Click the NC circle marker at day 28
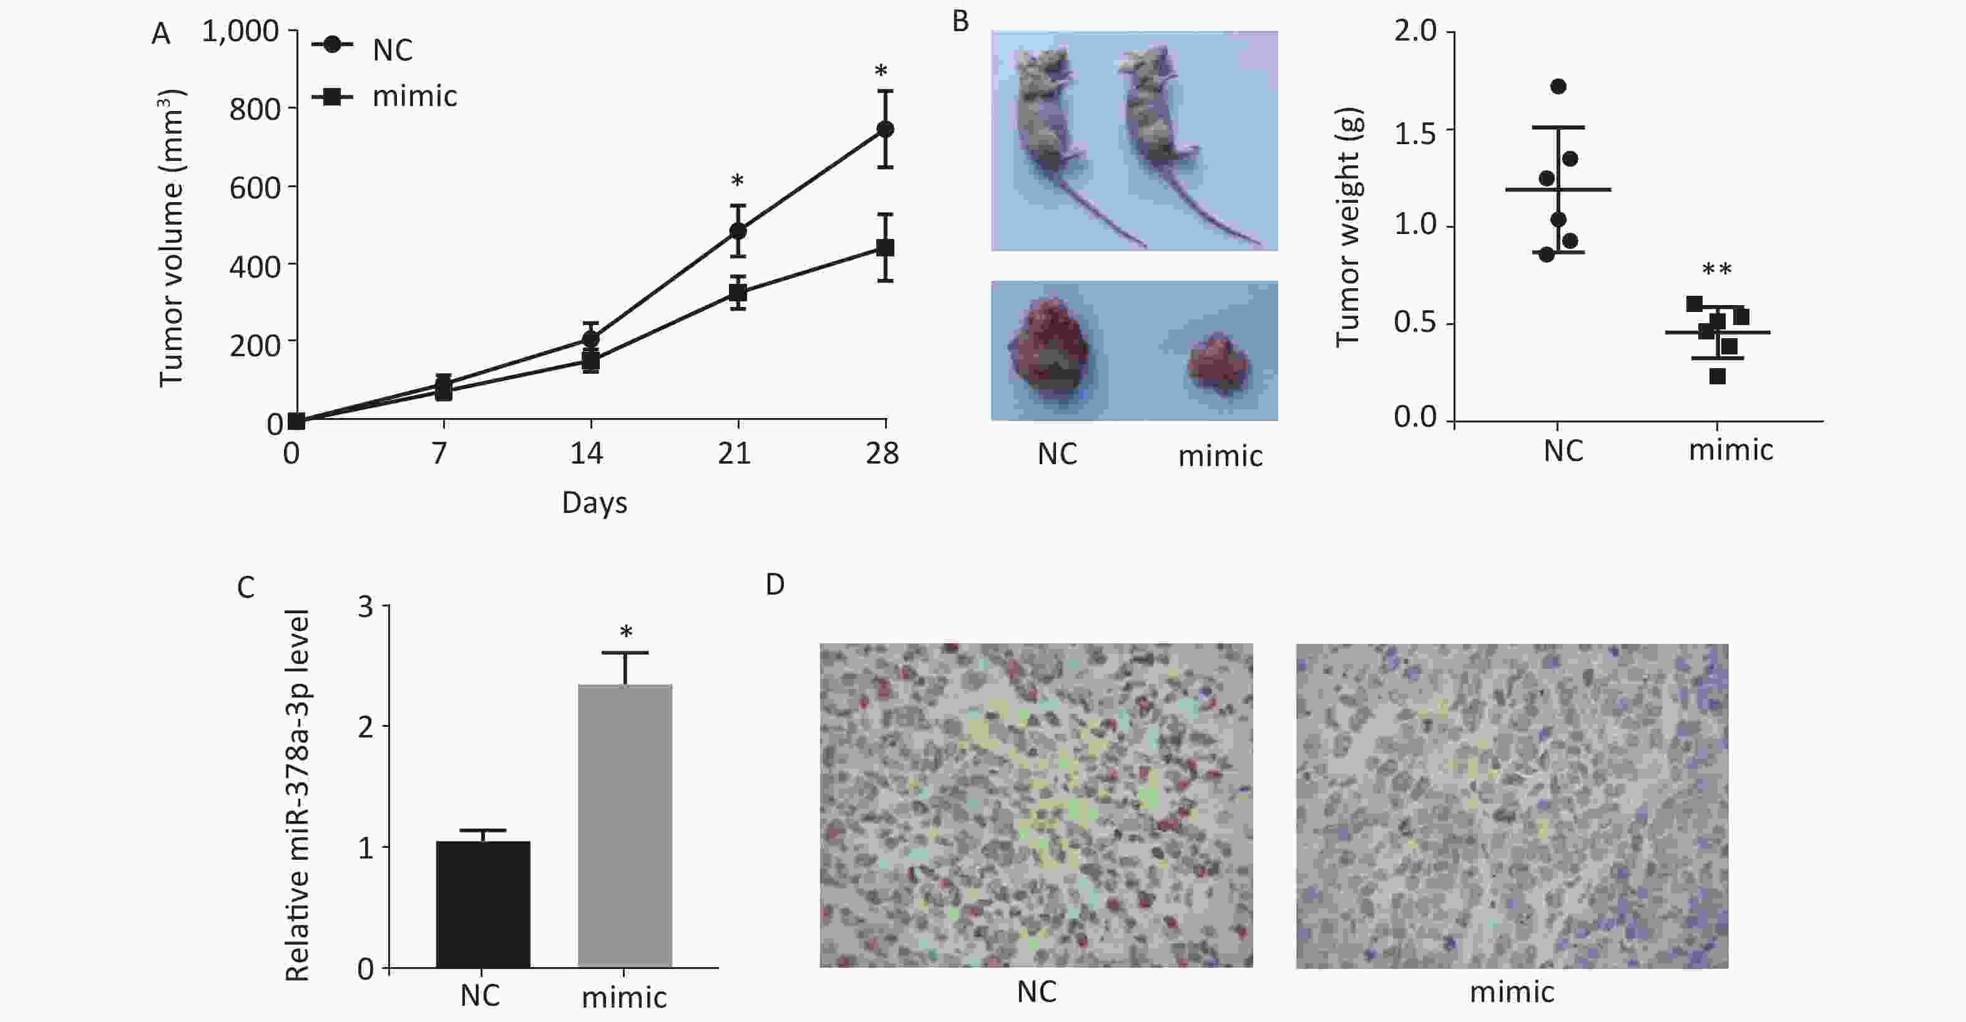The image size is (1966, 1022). click(x=884, y=129)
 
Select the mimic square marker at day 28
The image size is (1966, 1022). click(x=884, y=248)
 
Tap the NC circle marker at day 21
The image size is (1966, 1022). click(x=737, y=230)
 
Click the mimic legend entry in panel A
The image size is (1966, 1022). click(x=414, y=97)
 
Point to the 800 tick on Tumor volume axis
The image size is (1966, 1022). click(x=255, y=109)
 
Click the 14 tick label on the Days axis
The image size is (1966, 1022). click(x=586, y=454)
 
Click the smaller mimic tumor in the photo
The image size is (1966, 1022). click(x=1218, y=364)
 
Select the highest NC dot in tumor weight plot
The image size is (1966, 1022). click(x=1558, y=86)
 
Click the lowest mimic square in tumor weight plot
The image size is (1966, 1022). click(x=1717, y=376)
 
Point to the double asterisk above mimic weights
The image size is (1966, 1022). click(x=1716, y=270)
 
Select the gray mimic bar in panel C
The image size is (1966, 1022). click(x=625, y=826)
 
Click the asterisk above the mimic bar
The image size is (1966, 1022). click(x=626, y=632)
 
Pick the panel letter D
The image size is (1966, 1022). click(x=775, y=585)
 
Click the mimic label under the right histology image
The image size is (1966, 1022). click(x=1511, y=992)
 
